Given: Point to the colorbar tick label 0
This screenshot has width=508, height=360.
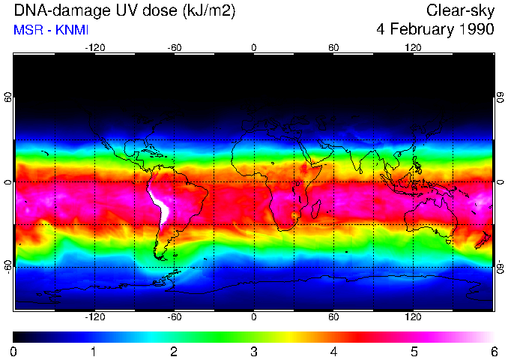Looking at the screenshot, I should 14,351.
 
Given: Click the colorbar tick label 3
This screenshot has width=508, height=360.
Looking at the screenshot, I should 254,351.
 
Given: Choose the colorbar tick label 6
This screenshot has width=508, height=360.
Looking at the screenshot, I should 493,351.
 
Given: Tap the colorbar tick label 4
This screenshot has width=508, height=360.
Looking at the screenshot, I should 333,351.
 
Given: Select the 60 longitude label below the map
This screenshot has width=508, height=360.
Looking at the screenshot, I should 333,317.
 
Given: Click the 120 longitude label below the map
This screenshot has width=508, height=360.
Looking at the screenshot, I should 414,317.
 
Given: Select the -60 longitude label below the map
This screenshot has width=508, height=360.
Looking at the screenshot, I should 174,317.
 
